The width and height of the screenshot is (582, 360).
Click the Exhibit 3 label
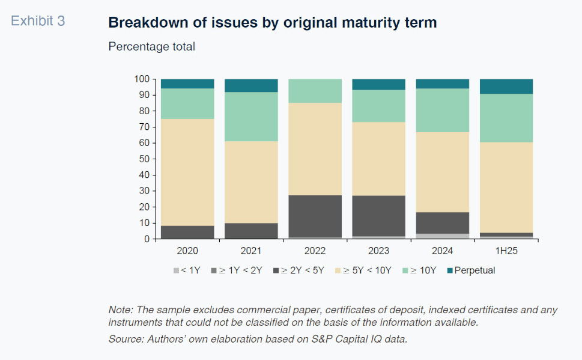38,21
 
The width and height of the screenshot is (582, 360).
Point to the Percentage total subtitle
151,46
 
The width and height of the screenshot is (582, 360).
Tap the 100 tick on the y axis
142,79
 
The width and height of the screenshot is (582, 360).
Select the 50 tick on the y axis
144,159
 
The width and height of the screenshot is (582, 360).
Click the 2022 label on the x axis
315,251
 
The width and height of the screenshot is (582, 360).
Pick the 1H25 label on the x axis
506,251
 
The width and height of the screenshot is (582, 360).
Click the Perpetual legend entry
471,270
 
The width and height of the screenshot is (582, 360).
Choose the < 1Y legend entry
187,270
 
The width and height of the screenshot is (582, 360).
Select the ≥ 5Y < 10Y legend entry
363,270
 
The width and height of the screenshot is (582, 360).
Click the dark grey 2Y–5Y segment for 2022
315,216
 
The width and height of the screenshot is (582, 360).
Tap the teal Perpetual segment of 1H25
506,86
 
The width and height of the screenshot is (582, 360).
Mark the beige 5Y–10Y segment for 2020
187,172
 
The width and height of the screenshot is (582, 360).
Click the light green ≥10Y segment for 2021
251,117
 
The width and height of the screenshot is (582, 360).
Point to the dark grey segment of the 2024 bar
443,223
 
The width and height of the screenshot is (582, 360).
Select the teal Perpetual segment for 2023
378,84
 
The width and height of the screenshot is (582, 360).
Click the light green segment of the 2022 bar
315,91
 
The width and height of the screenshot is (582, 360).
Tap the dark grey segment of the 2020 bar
187,232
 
